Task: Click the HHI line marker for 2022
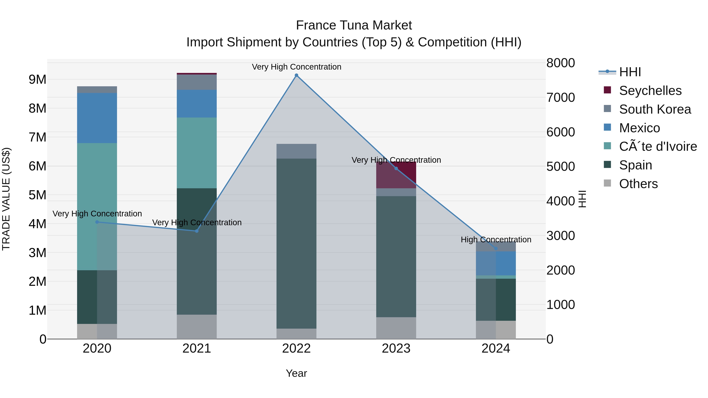pyautogui.click(x=296, y=75)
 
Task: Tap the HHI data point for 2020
pyautogui.click(x=97, y=222)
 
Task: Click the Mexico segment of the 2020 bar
pyautogui.click(x=97, y=118)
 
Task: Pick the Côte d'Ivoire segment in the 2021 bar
pyautogui.click(x=196, y=153)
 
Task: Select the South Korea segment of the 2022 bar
pyautogui.click(x=296, y=151)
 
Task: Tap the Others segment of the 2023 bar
pyautogui.click(x=396, y=328)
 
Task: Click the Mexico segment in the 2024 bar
pyautogui.click(x=496, y=263)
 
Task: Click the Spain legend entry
pyautogui.click(x=635, y=165)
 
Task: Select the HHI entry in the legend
pyautogui.click(x=630, y=72)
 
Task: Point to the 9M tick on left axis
pyautogui.click(x=38, y=79)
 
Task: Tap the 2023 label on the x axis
pyautogui.click(x=396, y=348)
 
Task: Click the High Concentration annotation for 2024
pyautogui.click(x=496, y=240)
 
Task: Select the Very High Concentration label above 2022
pyautogui.click(x=296, y=67)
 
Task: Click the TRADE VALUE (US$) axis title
pyautogui.click(x=6, y=199)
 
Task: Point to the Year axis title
pyautogui.click(x=296, y=373)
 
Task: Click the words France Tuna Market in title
pyautogui.click(x=354, y=25)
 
